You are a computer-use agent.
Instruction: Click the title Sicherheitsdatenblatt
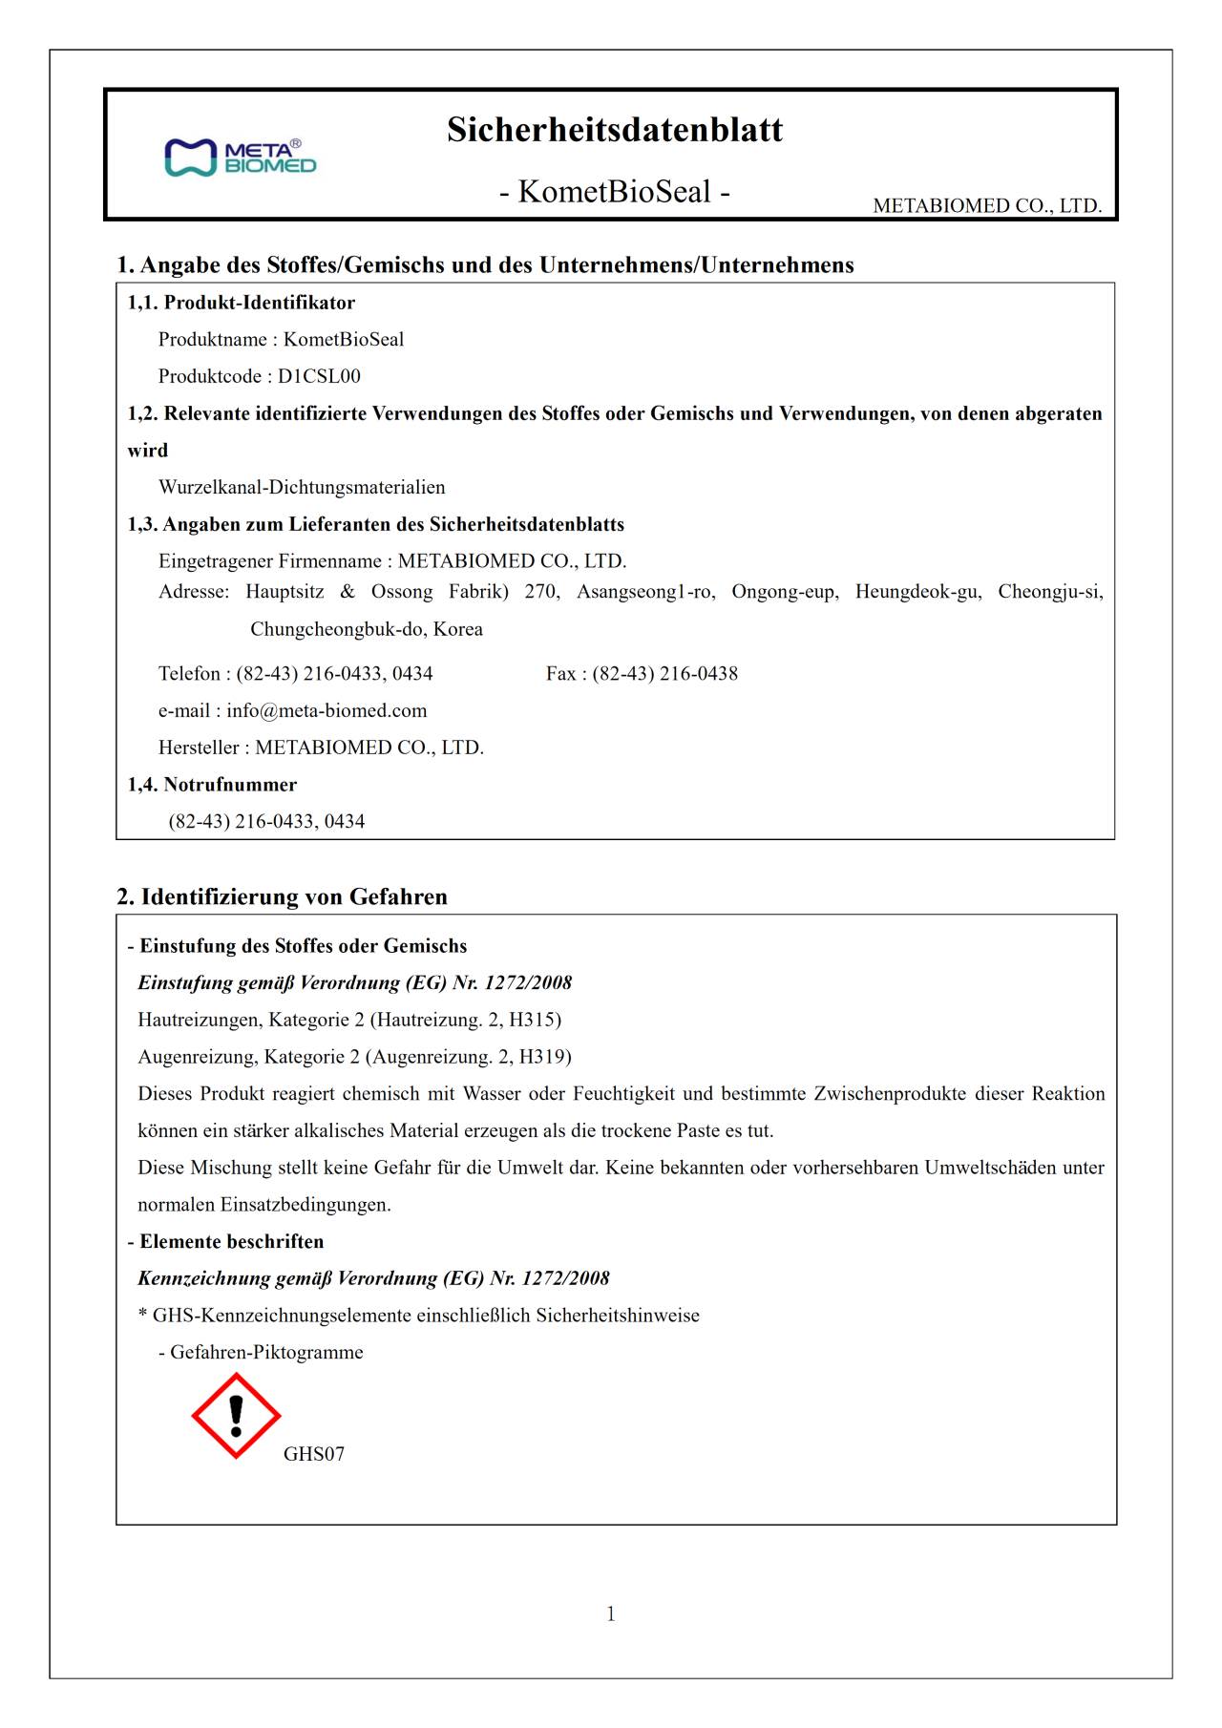614,130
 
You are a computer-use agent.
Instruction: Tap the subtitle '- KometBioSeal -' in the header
614,192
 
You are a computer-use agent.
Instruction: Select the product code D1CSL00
319,376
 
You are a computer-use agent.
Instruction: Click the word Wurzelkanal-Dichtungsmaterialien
302,487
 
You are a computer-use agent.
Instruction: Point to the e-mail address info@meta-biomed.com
327,710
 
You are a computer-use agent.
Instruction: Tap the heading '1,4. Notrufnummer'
212,785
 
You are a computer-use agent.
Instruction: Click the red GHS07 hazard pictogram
236,1416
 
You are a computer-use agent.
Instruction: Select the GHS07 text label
313,1454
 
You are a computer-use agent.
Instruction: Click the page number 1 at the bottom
611,1614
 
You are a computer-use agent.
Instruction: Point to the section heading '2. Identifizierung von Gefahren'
282,896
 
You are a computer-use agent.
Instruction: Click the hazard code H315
532,1020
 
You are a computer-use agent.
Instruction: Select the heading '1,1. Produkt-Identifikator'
242,303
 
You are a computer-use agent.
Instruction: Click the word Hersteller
198,748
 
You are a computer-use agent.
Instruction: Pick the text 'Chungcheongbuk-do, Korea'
367,629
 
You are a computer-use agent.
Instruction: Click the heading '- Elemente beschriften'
225,1241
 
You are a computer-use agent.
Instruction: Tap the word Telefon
190,674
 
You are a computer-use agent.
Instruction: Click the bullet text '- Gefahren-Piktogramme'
261,1352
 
